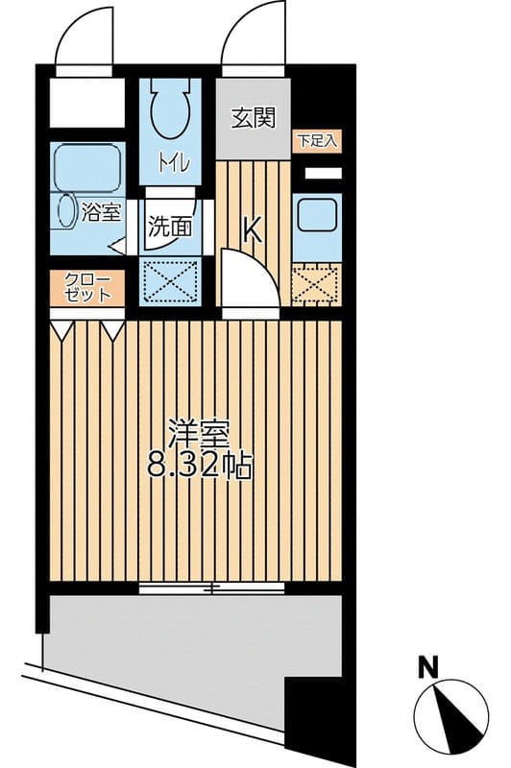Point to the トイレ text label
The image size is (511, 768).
174,164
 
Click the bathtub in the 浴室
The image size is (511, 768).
85,167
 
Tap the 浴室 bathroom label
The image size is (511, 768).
101,213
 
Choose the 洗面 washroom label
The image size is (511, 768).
169,228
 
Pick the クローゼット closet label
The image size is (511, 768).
87,287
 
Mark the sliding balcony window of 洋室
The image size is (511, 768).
212,587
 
